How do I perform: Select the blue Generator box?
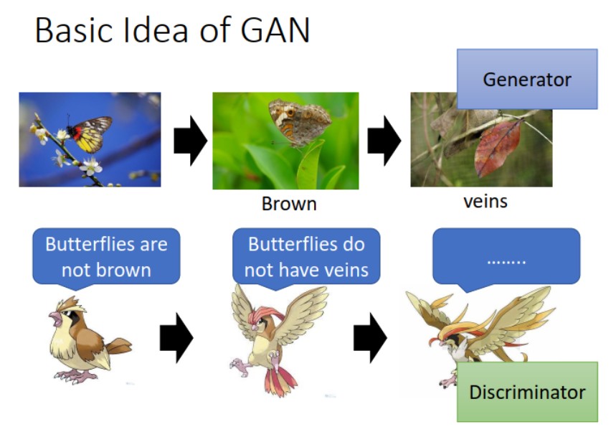pos(527,79)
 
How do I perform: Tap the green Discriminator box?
pos(527,392)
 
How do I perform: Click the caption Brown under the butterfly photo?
pos(289,204)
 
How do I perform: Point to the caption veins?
pos(486,201)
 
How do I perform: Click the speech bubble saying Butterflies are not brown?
pos(106,256)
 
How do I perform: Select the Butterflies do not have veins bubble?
pos(306,256)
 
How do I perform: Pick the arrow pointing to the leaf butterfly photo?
pos(384,141)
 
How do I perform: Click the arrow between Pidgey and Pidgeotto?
pos(176,338)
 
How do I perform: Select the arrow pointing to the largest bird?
pos(370,338)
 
